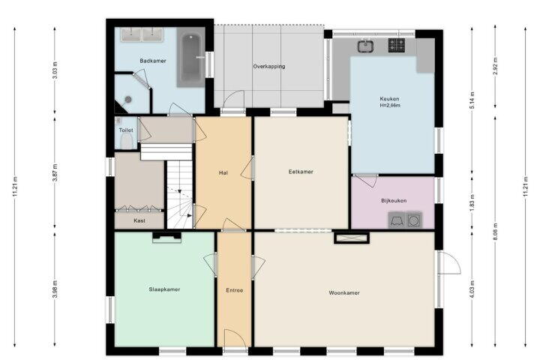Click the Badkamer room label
(x=153, y=61)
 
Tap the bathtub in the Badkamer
(x=191, y=57)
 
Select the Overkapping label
(x=269, y=67)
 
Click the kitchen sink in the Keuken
(x=363, y=46)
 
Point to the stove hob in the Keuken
(x=397, y=46)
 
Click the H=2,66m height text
(x=390, y=106)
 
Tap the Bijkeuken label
(x=394, y=200)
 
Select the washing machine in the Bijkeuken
(x=414, y=220)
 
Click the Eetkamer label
(x=301, y=172)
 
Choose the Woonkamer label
(x=344, y=292)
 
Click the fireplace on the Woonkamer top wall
(x=352, y=238)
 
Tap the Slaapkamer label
(x=164, y=289)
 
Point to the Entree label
(x=235, y=290)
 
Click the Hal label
(x=223, y=172)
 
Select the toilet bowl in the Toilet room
(x=127, y=141)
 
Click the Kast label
(x=139, y=220)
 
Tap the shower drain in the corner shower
(x=128, y=100)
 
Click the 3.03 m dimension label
(x=55, y=70)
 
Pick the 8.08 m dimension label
(x=495, y=232)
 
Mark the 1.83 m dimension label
(x=472, y=202)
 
